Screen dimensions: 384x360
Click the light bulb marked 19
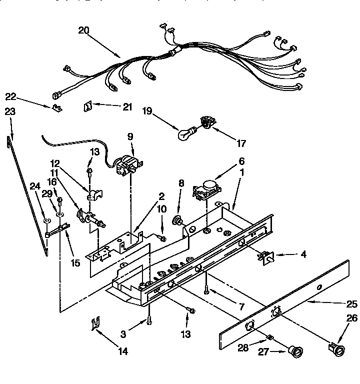click(x=185, y=133)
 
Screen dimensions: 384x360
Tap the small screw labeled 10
click(x=162, y=239)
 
